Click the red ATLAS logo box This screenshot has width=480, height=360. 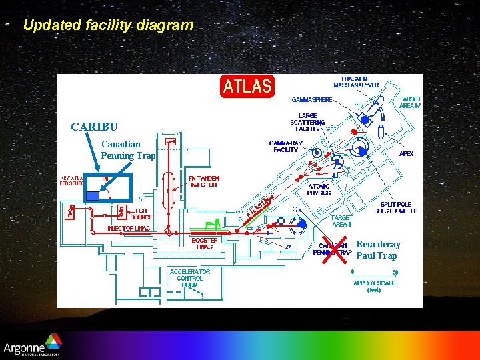(x=247, y=86)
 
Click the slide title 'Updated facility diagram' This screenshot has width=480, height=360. (x=108, y=25)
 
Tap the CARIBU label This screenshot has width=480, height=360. (x=95, y=127)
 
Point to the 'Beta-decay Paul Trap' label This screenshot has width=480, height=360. (x=378, y=250)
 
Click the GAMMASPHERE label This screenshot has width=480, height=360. (x=312, y=100)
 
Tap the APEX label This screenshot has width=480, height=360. (x=406, y=153)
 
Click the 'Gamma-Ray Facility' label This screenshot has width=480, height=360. (x=286, y=146)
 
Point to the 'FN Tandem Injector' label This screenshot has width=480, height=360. (x=204, y=181)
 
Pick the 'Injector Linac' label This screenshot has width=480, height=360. (x=130, y=229)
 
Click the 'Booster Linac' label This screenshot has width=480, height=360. (x=205, y=243)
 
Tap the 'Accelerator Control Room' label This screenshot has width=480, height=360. (x=190, y=278)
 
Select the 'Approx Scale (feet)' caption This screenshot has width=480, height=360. (x=374, y=287)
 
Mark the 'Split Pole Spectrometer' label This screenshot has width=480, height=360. (x=399, y=207)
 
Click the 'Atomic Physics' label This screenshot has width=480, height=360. (x=319, y=189)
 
